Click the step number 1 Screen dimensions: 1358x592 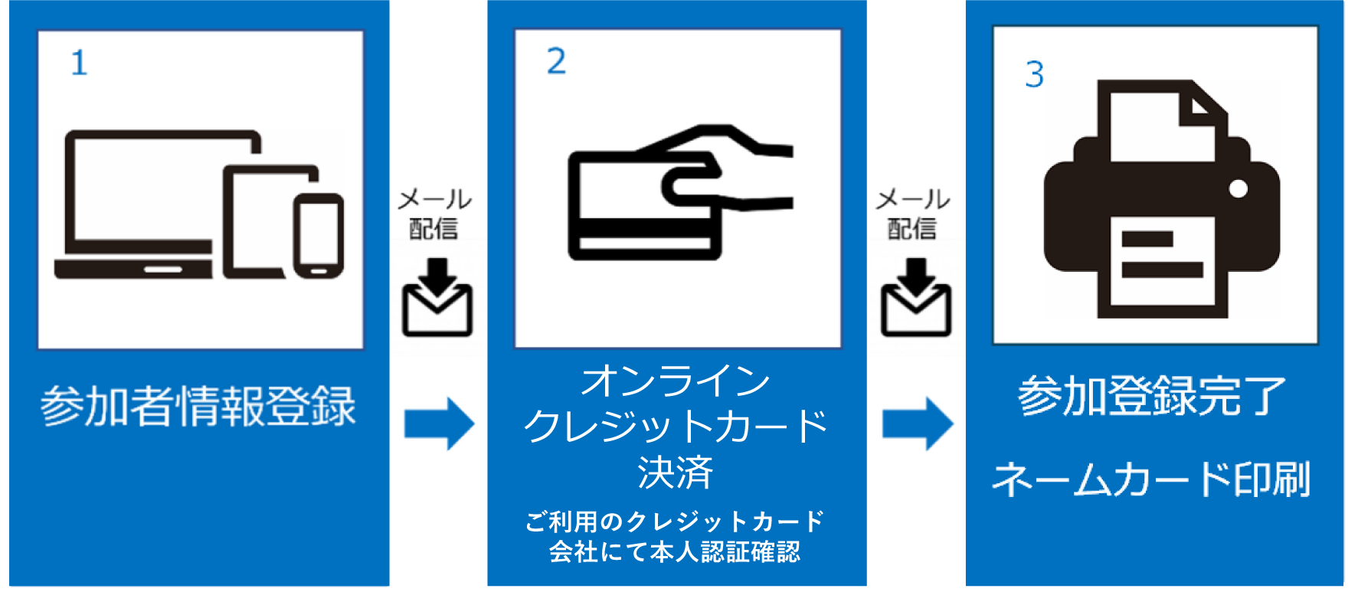(x=80, y=63)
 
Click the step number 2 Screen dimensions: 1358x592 (x=557, y=61)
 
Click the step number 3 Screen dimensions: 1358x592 (x=1035, y=74)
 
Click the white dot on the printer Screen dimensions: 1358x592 (x=1238, y=188)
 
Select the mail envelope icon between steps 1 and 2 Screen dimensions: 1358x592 (x=437, y=298)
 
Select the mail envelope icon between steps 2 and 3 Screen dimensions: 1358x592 (x=916, y=298)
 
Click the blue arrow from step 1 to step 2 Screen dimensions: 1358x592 (x=439, y=424)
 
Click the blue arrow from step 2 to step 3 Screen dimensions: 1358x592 (x=918, y=424)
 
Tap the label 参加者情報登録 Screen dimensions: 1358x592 (x=198, y=405)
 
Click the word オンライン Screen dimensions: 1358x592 (x=676, y=381)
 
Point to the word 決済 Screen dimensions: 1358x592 (x=676, y=472)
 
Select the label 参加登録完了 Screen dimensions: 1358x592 (x=1151, y=395)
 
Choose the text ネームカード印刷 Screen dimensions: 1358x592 (x=1151, y=479)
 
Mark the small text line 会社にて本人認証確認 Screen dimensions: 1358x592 (x=675, y=551)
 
